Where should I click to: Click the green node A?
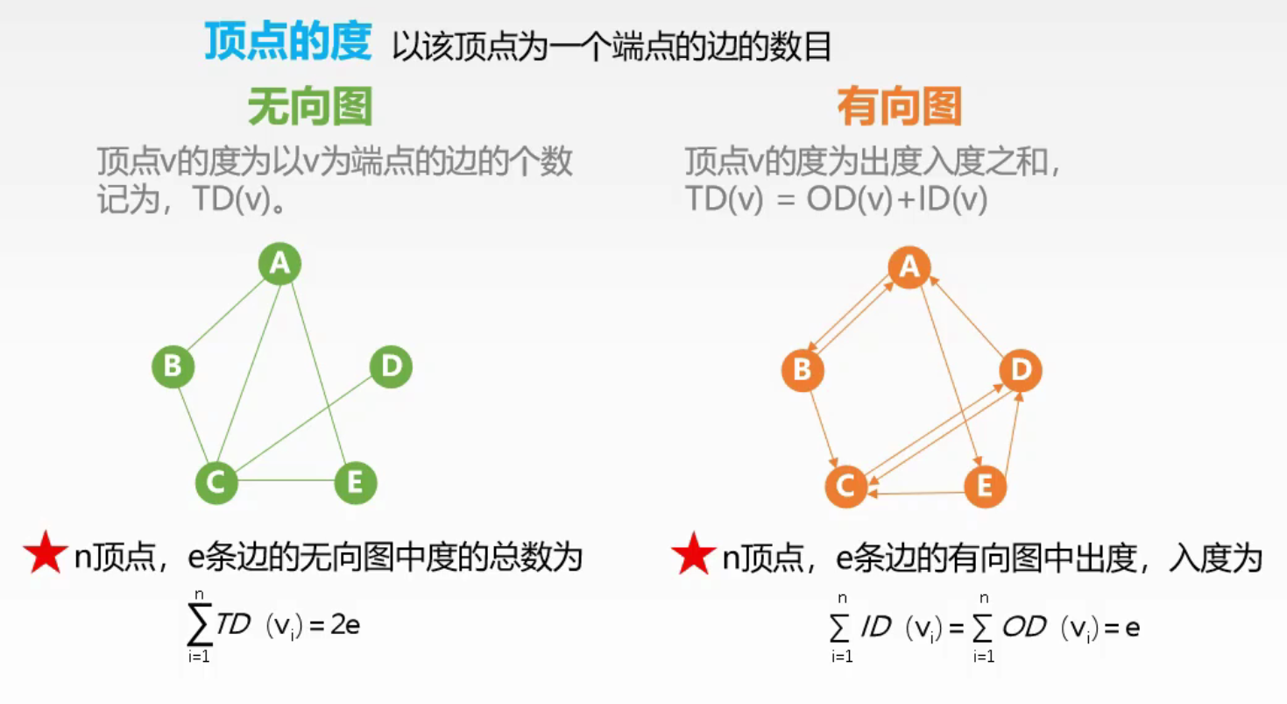[x=280, y=263]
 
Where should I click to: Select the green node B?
[x=173, y=366]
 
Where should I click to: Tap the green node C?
[x=216, y=481]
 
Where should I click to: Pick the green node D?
[x=391, y=366]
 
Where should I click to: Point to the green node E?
[x=356, y=482]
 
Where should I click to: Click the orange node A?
[x=909, y=267]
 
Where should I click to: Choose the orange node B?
[x=802, y=371]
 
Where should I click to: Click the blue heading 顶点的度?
[x=288, y=42]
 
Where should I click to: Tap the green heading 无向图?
[x=310, y=108]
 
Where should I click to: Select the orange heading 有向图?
[x=900, y=108]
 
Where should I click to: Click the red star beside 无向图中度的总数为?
[x=46, y=554]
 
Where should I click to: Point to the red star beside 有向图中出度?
[x=693, y=554]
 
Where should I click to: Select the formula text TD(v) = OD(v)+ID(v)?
[x=836, y=200]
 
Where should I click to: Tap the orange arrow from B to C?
[x=824, y=428]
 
